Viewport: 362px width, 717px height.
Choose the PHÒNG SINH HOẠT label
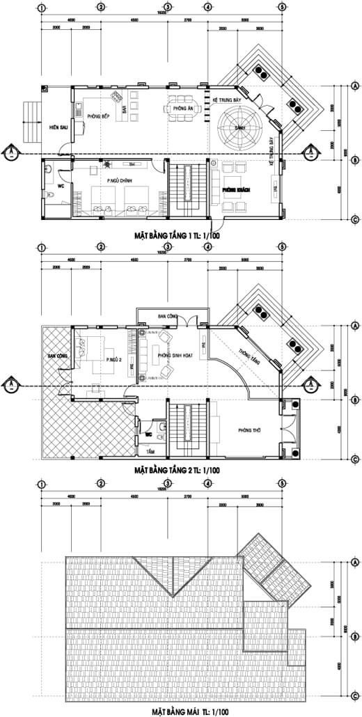173,355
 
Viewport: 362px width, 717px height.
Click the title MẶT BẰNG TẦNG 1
178,236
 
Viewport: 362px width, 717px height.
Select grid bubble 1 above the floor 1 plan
42,8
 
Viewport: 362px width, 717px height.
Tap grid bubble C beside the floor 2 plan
354,459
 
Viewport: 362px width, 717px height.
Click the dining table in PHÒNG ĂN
180,109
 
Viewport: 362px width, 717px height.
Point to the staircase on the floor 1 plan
187,187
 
